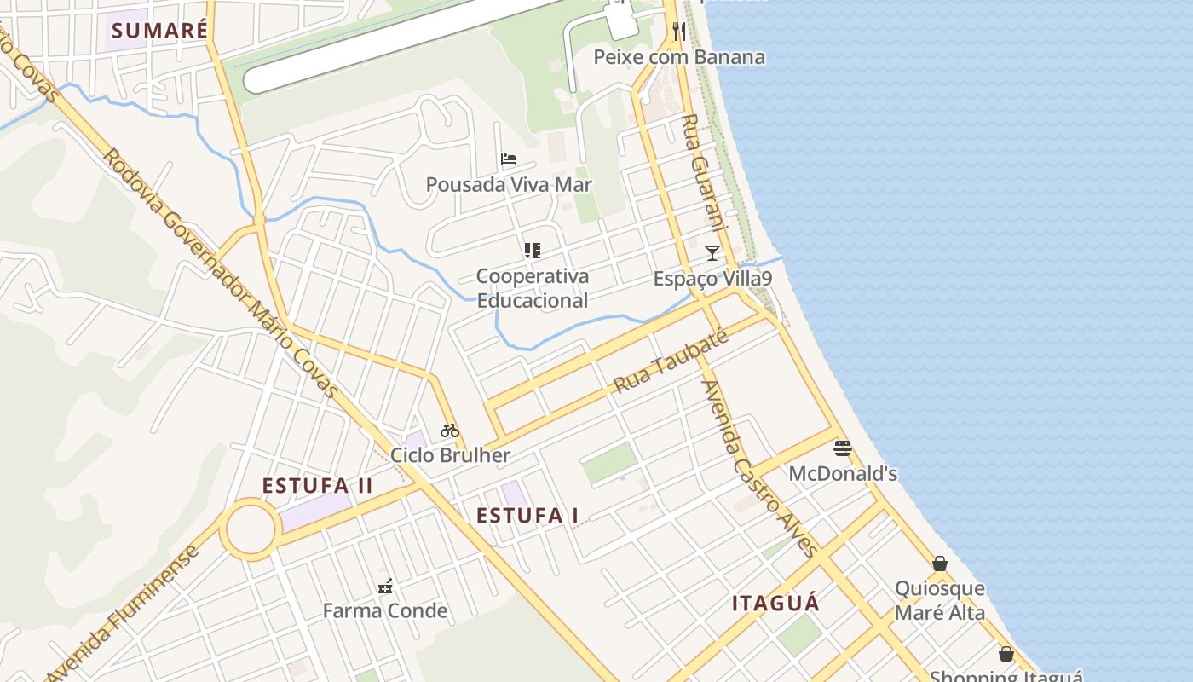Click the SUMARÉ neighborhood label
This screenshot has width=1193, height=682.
(x=159, y=31)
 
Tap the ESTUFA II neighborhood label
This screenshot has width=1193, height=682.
(x=317, y=486)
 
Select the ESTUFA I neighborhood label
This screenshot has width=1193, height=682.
(x=527, y=516)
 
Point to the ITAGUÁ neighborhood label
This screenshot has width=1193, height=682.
(x=775, y=604)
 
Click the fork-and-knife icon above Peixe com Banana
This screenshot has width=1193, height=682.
(x=679, y=32)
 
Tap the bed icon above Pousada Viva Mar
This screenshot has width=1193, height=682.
(x=509, y=159)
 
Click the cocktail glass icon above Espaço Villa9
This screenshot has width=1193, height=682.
(x=712, y=252)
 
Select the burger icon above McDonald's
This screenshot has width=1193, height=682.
(x=843, y=448)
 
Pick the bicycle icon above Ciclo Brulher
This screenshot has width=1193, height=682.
(x=450, y=431)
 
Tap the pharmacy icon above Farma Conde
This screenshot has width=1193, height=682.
(x=385, y=586)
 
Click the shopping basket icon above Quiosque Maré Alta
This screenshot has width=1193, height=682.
(x=940, y=564)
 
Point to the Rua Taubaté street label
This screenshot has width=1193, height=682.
(x=671, y=361)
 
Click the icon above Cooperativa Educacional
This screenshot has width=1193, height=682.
(x=533, y=251)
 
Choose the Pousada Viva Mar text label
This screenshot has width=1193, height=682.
(x=509, y=185)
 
